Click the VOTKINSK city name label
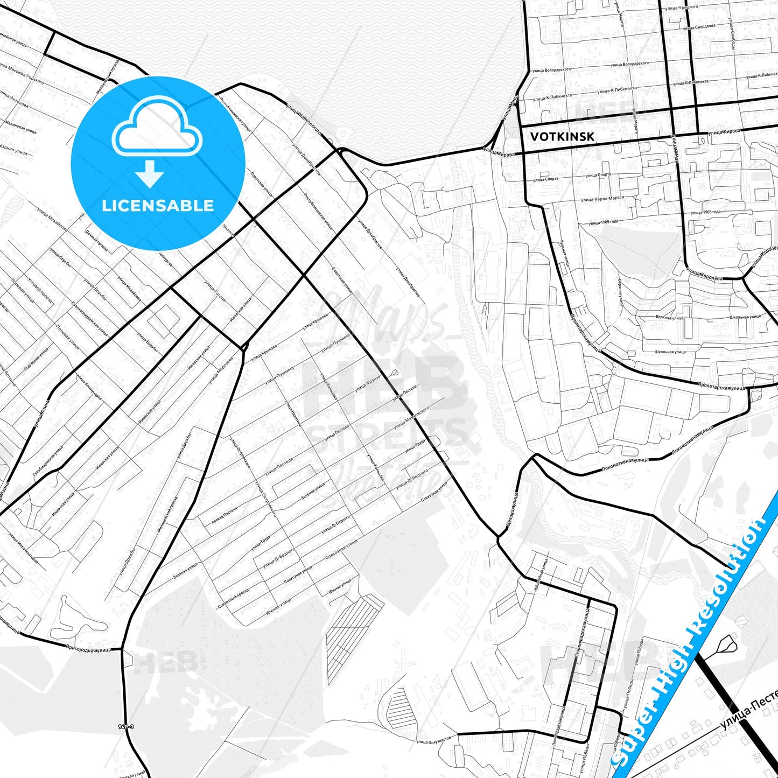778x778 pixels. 562,137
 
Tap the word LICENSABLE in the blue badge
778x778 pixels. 158,205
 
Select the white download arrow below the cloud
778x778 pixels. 150,174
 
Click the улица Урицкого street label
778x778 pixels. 683,6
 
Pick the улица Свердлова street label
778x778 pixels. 699,25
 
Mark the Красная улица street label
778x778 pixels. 564,254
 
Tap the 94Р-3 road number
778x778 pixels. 125,727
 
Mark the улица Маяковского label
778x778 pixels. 411,419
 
